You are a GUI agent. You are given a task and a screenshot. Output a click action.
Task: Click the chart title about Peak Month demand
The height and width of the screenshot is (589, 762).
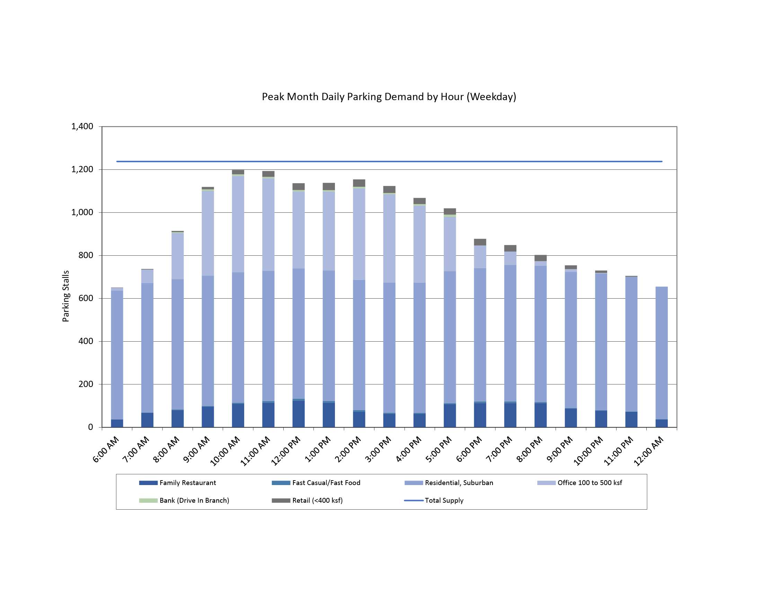(x=389, y=97)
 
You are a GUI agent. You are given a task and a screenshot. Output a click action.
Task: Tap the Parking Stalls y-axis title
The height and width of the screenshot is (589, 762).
(x=65, y=296)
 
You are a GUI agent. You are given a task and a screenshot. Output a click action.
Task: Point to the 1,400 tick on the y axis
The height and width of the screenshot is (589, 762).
(x=82, y=126)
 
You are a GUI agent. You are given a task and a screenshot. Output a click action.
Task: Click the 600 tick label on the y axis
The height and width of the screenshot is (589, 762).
(x=86, y=298)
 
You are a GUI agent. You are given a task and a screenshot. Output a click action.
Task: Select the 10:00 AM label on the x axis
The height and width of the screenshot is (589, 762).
(x=225, y=451)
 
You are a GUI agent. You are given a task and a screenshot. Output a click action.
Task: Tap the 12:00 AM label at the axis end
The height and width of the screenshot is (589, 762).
(x=649, y=451)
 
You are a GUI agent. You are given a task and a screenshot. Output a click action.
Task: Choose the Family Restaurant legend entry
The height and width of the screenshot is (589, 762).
(x=187, y=483)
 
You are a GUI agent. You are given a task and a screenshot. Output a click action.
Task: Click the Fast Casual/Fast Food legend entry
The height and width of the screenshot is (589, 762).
(x=326, y=483)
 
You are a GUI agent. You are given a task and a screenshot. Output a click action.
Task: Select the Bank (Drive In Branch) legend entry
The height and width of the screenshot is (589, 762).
(x=194, y=500)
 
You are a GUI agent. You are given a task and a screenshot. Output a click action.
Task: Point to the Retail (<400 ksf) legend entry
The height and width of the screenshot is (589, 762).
(x=317, y=500)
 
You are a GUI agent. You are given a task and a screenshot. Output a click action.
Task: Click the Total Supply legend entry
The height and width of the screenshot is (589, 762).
(x=444, y=500)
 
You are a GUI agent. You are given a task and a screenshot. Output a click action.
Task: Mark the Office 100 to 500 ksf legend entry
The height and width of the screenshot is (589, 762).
(x=589, y=483)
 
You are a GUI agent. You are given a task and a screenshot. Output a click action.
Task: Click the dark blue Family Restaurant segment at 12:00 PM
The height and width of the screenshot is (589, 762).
(x=299, y=414)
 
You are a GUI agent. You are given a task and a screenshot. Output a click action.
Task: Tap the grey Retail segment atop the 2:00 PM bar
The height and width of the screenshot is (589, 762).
(x=359, y=183)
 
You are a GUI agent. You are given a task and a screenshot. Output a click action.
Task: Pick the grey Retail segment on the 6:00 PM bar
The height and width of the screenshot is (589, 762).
(x=480, y=242)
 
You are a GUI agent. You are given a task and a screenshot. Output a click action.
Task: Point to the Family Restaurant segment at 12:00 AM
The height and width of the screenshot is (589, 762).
(x=662, y=423)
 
